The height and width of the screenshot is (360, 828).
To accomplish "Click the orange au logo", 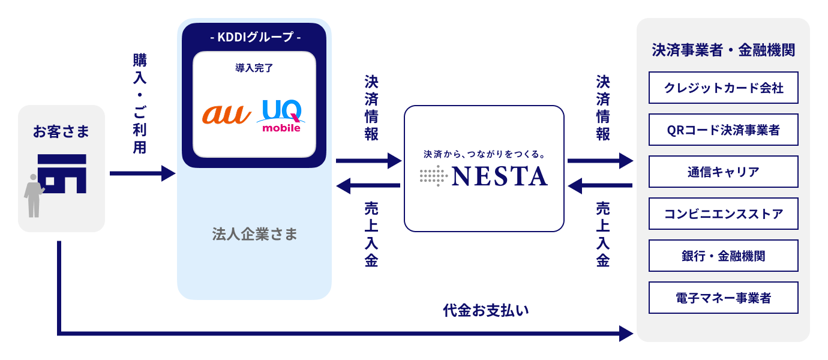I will click(226, 114).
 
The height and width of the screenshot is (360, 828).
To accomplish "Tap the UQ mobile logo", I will click(281, 116).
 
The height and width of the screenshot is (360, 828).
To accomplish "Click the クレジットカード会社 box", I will click(723, 88).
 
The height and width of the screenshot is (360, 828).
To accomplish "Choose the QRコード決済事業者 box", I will click(723, 130).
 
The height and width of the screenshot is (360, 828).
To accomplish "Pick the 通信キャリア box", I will click(723, 172).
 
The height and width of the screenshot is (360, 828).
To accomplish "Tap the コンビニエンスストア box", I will click(723, 214).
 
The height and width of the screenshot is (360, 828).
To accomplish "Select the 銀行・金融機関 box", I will click(723, 256).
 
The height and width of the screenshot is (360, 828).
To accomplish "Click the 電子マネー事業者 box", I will click(723, 298).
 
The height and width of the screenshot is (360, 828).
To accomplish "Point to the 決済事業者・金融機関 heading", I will click(723, 50).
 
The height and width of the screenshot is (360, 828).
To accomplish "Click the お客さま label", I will click(61, 130).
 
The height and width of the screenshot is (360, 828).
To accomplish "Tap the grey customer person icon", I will click(34, 196).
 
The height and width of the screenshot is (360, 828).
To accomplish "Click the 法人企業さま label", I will click(254, 234).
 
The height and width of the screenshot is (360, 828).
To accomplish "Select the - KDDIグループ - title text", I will click(254, 37).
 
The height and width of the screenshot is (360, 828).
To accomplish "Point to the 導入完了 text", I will click(254, 68).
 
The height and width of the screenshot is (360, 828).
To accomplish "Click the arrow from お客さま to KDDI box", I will click(142, 174).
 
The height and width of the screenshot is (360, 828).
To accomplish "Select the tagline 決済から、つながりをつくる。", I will click(484, 154).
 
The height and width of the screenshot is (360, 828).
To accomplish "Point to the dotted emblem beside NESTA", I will click(433, 175).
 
